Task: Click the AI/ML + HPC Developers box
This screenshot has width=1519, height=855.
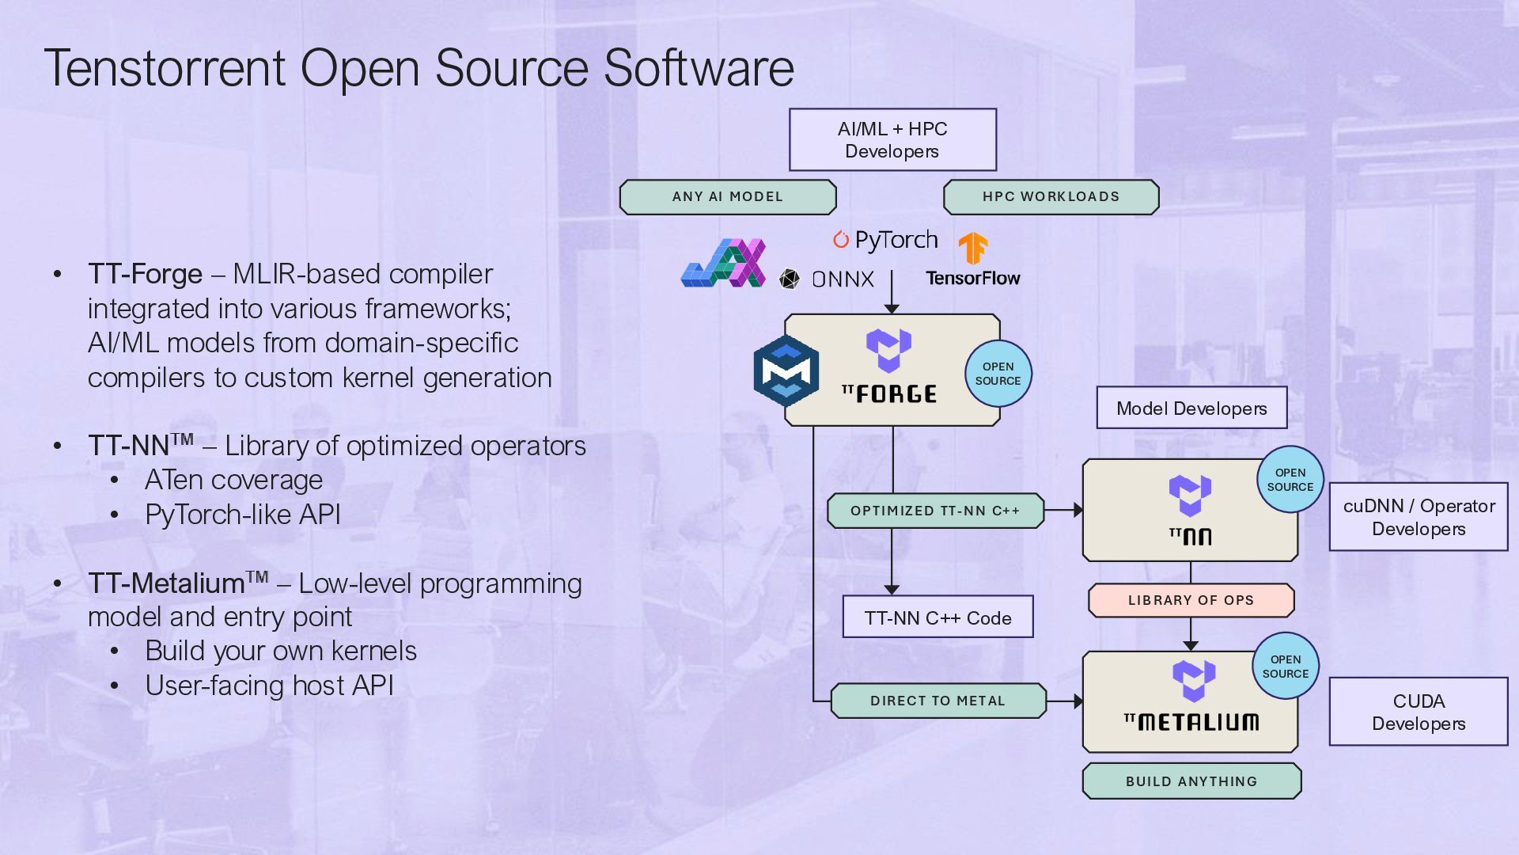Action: pyautogui.click(x=892, y=140)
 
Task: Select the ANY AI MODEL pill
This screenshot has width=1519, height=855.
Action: pyautogui.click(x=728, y=197)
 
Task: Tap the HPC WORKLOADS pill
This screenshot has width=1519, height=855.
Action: pyautogui.click(x=1051, y=197)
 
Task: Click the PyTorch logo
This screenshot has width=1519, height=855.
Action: pyautogui.click(x=886, y=240)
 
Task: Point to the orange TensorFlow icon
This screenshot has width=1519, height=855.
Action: pyautogui.click(x=973, y=249)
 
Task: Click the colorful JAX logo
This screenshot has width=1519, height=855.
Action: pyautogui.click(x=723, y=263)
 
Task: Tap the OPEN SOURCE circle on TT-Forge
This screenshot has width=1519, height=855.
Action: pyautogui.click(x=998, y=374)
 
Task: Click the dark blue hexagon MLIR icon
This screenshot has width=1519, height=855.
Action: pyautogui.click(x=786, y=370)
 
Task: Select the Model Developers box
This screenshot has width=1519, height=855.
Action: pyautogui.click(x=1191, y=408)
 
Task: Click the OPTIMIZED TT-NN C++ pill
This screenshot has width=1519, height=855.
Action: pyautogui.click(x=935, y=511)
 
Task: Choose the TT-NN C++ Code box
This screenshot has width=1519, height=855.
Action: pyautogui.click(x=938, y=617)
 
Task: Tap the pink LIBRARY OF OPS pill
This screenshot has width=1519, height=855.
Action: pyautogui.click(x=1191, y=600)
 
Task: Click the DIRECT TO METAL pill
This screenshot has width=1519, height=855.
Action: pyautogui.click(x=938, y=701)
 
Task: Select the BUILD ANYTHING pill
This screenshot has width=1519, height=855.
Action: pyautogui.click(x=1191, y=781)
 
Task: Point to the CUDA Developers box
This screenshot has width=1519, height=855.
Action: pyautogui.click(x=1419, y=712)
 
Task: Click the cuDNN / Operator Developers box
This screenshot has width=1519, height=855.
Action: pyautogui.click(x=1419, y=517)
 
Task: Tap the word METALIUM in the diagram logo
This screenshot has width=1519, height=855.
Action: pyautogui.click(x=1198, y=722)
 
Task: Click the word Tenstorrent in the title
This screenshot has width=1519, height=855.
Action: pyautogui.click(x=165, y=68)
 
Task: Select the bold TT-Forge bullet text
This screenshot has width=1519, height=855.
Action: pyautogui.click(x=146, y=274)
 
